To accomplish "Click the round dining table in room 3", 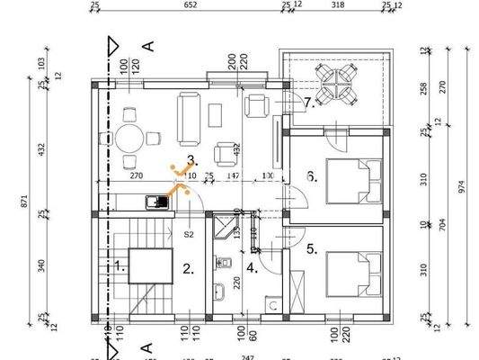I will [x=129, y=139].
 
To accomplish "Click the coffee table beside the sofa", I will [x=216, y=115].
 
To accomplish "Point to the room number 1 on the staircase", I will [x=120, y=265].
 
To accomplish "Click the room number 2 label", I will [x=187, y=267].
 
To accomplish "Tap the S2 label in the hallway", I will [x=190, y=234].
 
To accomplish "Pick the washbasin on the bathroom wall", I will [x=218, y=292].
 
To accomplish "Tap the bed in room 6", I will [x=346, y=181].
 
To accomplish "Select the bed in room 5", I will [x=346, y=271].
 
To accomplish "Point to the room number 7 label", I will [x=307, y=102].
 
